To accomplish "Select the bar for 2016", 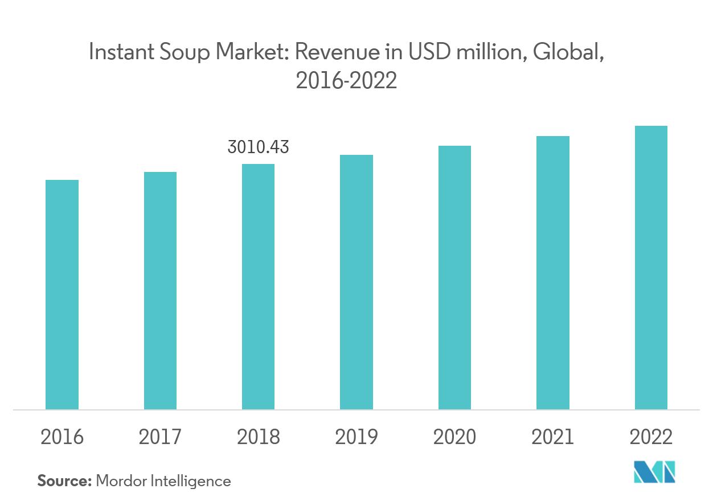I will tap(62, 294).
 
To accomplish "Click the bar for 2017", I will tap(160, 290).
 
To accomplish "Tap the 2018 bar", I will tap(258, 286).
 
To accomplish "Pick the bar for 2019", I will tap(356, 282).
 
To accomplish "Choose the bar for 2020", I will tap(454, 277).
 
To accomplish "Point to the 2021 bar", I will tap(552, 272).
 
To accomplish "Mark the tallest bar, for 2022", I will tap(651, 268).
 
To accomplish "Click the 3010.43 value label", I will tap(258, 147).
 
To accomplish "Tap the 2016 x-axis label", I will tap(62, 437).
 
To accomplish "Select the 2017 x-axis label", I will tap(160, 437).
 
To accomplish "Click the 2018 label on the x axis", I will tap(258, 437).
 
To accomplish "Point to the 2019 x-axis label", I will tap(356, 437).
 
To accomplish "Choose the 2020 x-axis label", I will tap(454, 437).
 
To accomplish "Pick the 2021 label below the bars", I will tap(552, 437).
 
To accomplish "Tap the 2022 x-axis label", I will tap(651, 437).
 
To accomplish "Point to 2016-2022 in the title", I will tap(346, 81).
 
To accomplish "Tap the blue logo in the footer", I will tap(654, 473).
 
